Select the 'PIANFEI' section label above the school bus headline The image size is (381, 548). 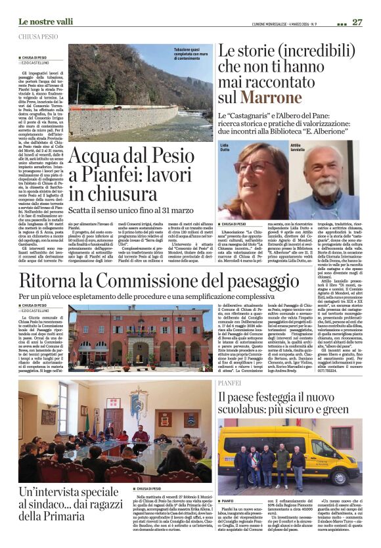(229, 382)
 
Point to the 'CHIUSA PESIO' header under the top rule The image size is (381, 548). (39, 37)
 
